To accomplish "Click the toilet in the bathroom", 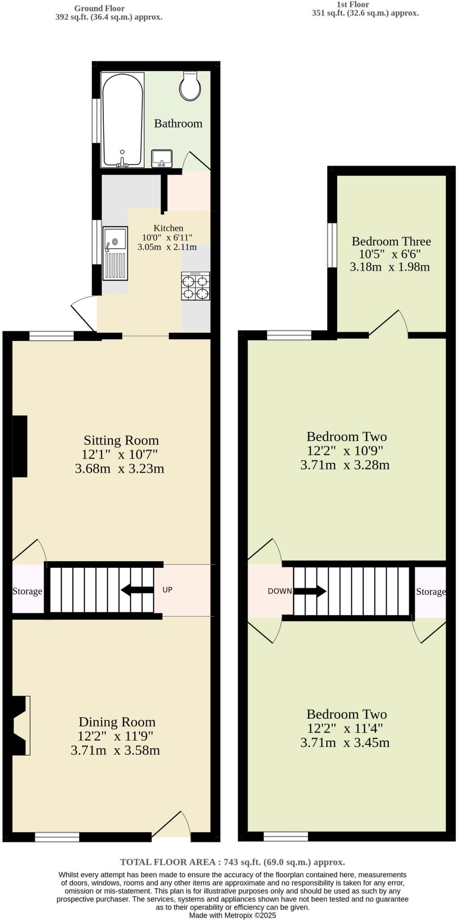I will click(190, 86).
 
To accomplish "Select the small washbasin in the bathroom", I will click(162, 158).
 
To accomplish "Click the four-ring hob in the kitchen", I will click(196, 286).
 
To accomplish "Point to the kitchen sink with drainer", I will click(115, 253).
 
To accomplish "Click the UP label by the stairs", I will click(167, 590).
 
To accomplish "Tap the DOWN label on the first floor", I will click(280, 591).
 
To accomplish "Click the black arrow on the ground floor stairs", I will click(137, 590).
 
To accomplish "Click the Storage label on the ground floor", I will click(27, 591).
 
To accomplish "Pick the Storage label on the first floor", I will click(431, 592).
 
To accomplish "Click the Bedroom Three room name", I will click(391, 241).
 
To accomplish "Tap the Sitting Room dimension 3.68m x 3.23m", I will click(120, 469).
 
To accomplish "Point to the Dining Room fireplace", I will click(20, 725).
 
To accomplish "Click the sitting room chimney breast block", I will click(20, 446).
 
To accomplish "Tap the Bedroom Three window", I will click(332, 245).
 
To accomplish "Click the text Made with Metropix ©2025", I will click(232, 915).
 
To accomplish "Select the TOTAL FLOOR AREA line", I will click(232, 862).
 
